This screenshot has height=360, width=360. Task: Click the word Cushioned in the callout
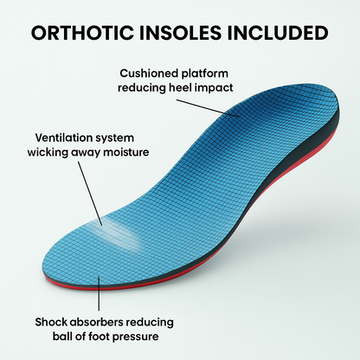pos(151,74)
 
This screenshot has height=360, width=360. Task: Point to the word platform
pos(215,74)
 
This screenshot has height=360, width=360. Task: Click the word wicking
pos(60,153)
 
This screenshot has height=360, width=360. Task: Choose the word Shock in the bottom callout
pos(55,320)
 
